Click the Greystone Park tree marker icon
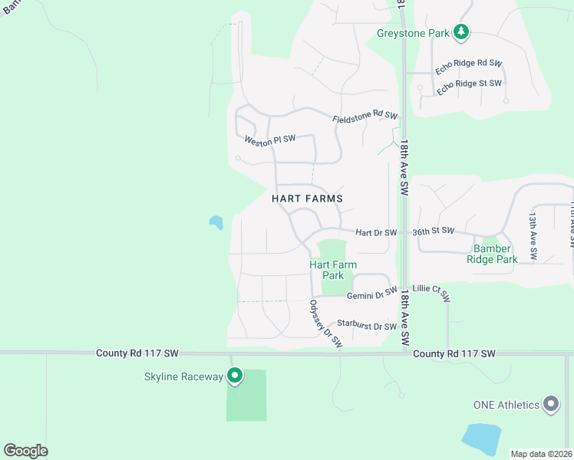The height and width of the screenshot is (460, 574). tap(460, 31)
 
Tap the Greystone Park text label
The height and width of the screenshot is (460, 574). tap(414, 33)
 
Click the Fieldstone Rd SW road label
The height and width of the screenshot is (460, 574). tap(365, 116)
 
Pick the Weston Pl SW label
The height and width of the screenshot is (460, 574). tap(270, 140)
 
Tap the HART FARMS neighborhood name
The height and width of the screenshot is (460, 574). tap(307, 198)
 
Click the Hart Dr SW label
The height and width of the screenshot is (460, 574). tap(376, 232)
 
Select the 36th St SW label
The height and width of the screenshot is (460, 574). tap(434, 231)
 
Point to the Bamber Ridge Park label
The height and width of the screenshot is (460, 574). tap(492, 254)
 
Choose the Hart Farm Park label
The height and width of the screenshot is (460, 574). tap(332, 270)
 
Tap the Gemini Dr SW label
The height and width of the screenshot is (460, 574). tap(372, 294)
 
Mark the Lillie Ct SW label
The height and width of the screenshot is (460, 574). tap(430, 292)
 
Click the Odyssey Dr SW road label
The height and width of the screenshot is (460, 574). tap(325, 324)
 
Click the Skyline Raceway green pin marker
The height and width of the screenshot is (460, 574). tap(235, 376)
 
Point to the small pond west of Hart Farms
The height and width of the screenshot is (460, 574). tap(216, 222)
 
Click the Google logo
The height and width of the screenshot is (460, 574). tap(25, 451)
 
